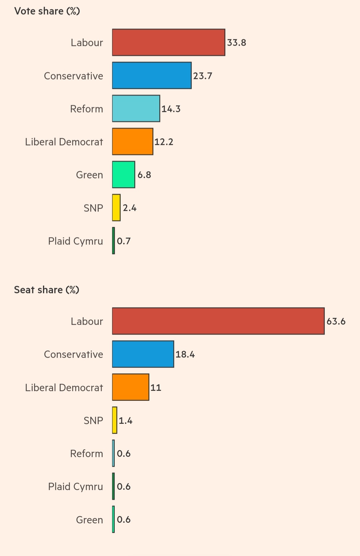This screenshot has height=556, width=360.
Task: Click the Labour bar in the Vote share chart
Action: tap(168, 42)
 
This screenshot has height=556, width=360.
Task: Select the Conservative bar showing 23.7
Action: tap(152, 76)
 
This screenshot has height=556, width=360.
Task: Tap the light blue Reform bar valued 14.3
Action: tap(136, 109)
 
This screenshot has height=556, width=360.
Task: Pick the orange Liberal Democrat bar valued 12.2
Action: tap(133, 142)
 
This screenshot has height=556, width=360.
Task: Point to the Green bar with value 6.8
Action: tap(124, 175)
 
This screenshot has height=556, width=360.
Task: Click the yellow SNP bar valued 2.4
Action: tap(116, 208)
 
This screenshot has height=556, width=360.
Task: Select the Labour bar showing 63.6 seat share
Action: tap(218, 321)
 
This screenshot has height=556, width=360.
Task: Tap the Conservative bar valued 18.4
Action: tap(143, 354)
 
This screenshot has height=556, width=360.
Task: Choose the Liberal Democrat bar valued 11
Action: tap(131, 387)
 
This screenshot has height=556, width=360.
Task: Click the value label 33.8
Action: tap(237, 43)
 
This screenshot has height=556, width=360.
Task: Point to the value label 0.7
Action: tap(124, 241)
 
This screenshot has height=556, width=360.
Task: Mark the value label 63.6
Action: tap(336, 321)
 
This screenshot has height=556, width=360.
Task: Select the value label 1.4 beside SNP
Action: tap(126, 421)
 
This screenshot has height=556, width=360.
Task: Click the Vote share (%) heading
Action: tap(47, 11)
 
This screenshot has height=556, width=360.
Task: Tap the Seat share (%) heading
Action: tap(47, 290)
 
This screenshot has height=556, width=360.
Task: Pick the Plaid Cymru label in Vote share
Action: tap(75, 241)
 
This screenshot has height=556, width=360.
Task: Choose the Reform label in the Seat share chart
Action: tap(86, 454)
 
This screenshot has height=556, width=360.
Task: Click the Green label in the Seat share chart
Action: tap(89, 520)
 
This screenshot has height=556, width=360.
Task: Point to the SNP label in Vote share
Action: tap(93, 208)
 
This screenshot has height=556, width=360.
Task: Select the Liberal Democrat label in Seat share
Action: tap(64, 388)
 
